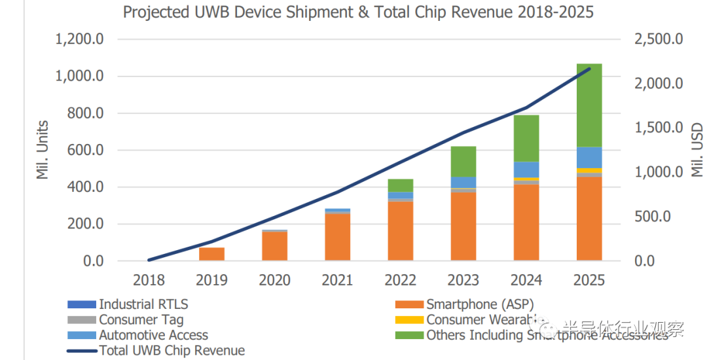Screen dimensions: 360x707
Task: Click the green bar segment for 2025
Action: coord(589,105)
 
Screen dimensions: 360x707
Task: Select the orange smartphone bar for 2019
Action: coord(211,254)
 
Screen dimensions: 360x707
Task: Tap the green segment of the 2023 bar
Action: coord(463,161)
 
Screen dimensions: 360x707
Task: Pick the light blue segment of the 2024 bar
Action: coord(526,170)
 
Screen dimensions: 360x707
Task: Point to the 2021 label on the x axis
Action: coord(338,280)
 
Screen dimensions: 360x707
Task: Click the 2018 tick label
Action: coord(149,280)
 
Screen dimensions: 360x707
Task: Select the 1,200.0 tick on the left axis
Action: coord(79,39)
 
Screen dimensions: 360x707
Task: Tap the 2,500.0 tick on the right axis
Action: coord(658,39)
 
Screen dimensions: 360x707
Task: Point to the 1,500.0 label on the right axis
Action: coord(658,128)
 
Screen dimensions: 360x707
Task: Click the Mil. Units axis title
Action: coord(43,149)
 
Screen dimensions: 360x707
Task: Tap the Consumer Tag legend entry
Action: coord(141,320)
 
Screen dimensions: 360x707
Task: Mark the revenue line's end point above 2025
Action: coord(589,69)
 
